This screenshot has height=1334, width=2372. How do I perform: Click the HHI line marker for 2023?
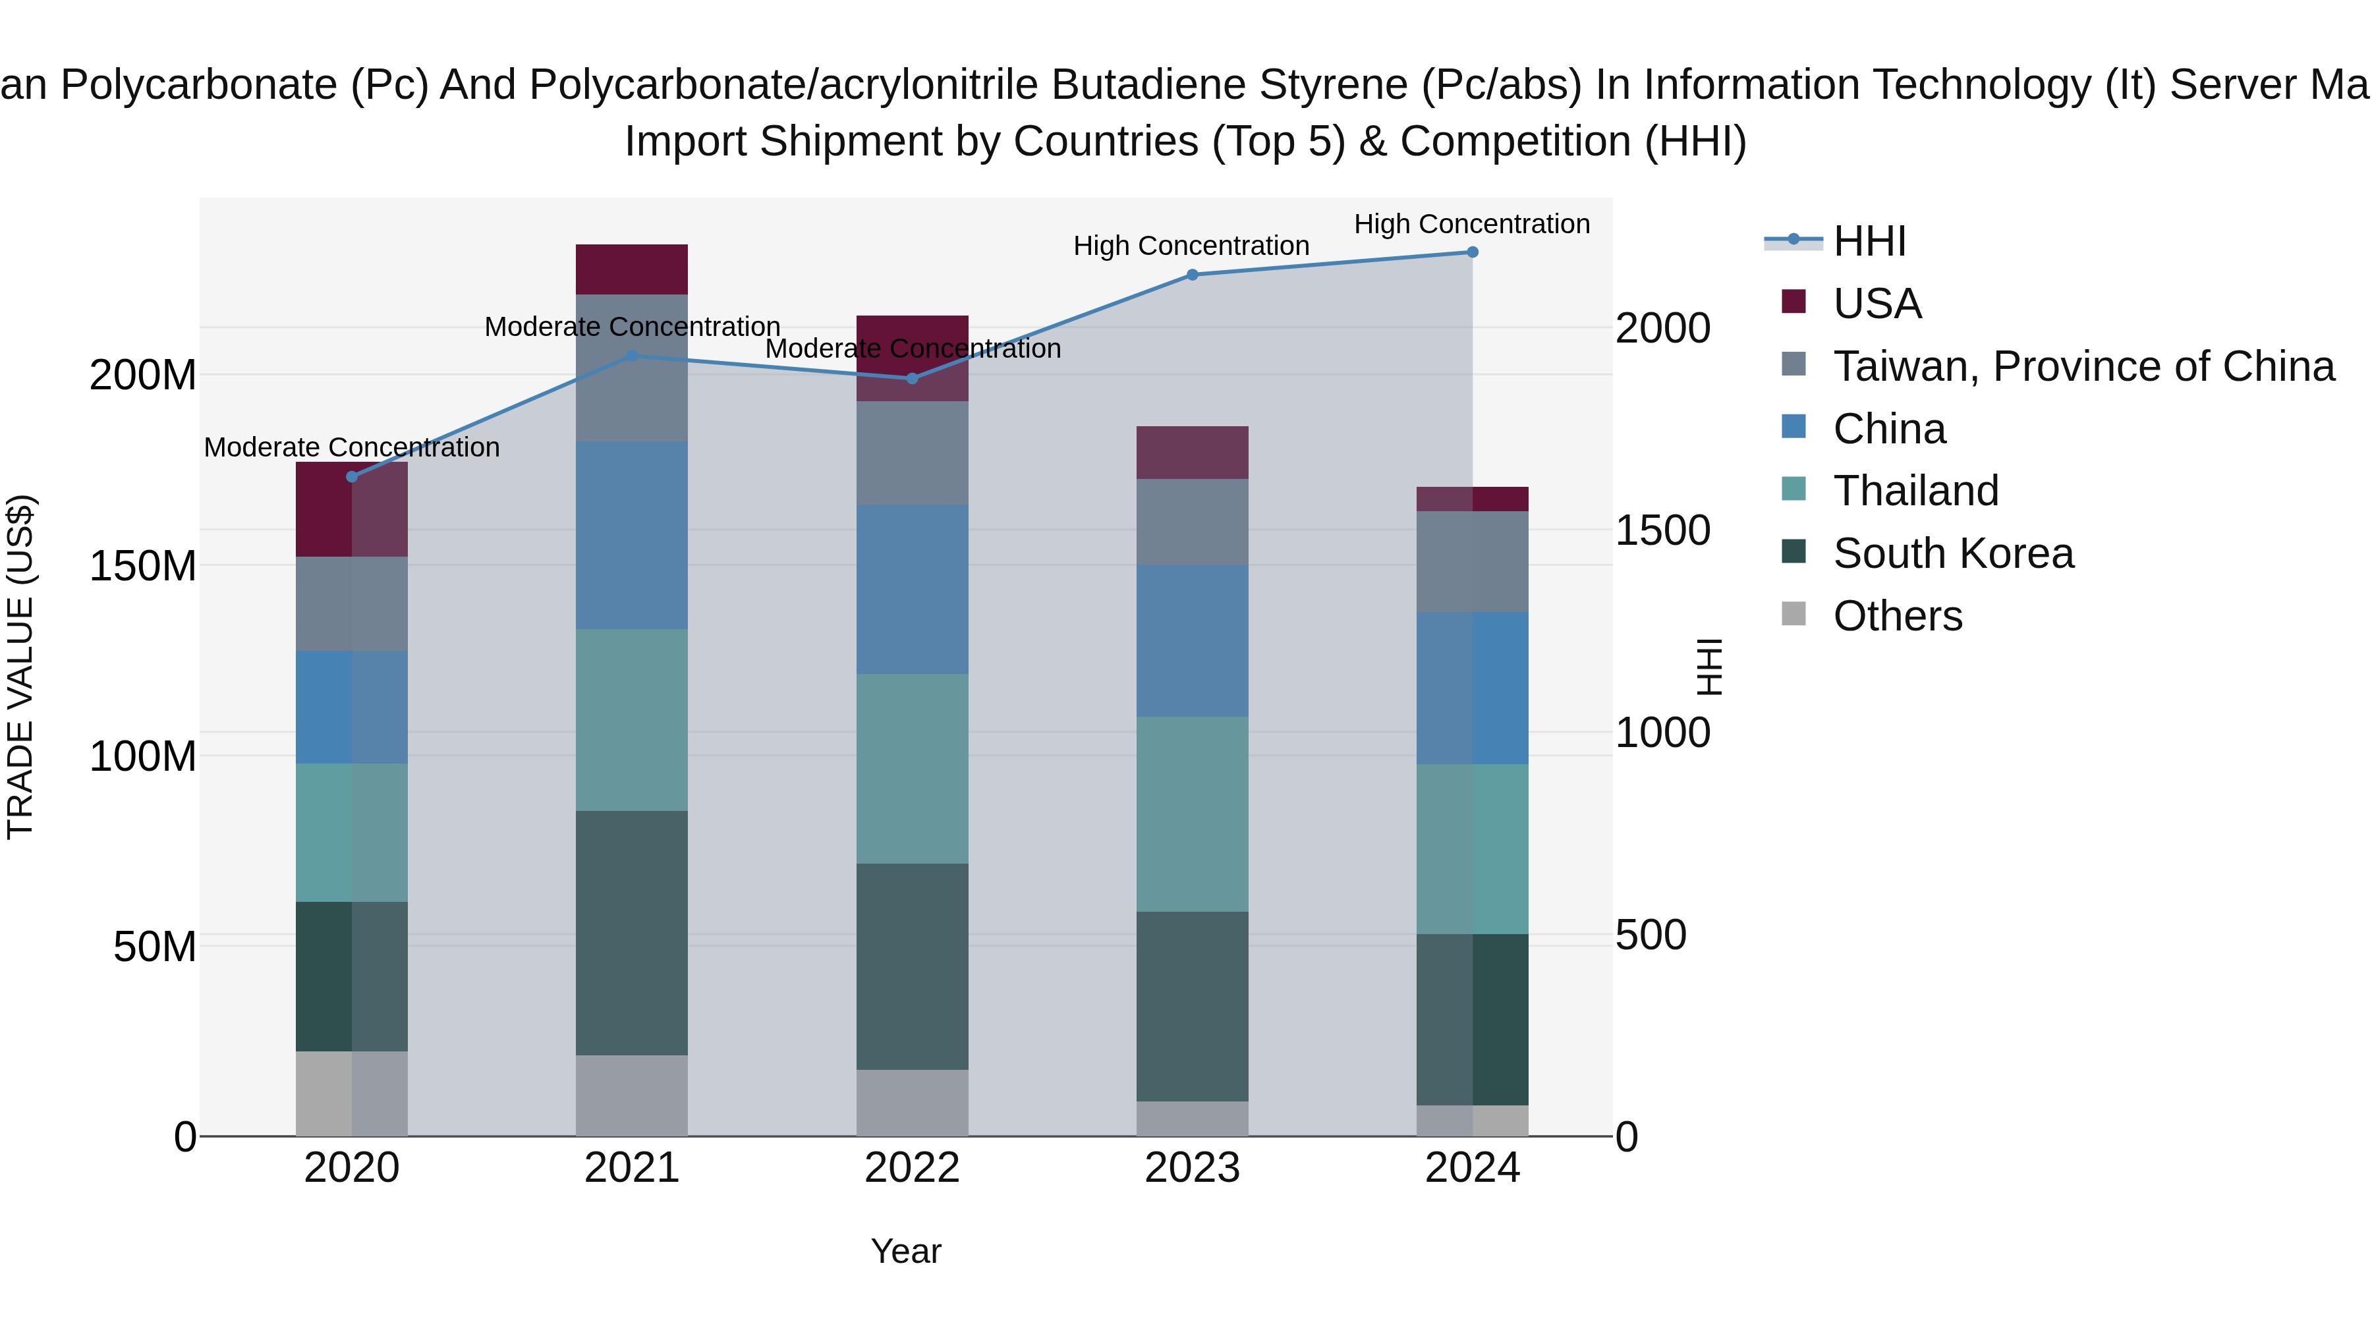pos(1193,274)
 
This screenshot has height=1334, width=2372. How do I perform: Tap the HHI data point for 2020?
pos(352,477)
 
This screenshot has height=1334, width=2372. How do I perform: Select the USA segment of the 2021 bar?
pos(632,269)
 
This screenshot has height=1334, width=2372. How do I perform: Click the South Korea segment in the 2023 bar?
pos(1193,1006)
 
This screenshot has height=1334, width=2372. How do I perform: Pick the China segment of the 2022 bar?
pos(913,589)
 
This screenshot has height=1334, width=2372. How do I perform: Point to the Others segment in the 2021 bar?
pos(632,1096)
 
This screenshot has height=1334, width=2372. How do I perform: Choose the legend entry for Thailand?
pos(1915,491)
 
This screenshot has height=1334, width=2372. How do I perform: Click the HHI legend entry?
pos(1869,241)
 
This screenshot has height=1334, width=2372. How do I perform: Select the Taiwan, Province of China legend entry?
pos(2083,366)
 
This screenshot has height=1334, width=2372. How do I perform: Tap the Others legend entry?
pos(1897,616)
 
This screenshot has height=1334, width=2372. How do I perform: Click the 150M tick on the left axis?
pos(143,565)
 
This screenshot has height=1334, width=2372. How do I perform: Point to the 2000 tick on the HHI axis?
pos(1663,328)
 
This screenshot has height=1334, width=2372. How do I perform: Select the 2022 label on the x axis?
pos(913,1168)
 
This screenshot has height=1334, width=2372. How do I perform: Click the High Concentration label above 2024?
pos(1471,224)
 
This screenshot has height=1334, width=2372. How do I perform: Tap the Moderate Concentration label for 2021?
pos(632,327)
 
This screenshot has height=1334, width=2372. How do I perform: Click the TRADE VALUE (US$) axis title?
pos(20,667)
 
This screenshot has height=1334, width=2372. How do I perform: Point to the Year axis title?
pos(906,1251)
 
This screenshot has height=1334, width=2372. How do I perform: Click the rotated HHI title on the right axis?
pos(1709,667)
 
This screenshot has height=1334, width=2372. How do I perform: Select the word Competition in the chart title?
pos(1515,142)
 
